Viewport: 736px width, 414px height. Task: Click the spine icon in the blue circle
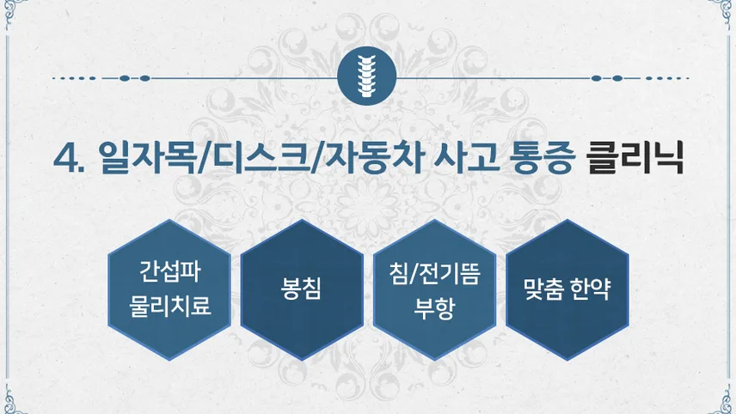coord(366,76)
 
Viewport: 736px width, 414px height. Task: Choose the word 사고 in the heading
coord(466,158)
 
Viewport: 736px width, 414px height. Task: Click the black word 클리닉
coord(635,158)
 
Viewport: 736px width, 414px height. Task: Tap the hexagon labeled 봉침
coord(302,289)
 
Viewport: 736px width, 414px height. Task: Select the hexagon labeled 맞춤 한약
coord(567,289)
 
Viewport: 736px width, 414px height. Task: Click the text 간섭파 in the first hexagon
coord(169,271)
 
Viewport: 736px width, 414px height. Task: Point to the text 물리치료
coord(169,306)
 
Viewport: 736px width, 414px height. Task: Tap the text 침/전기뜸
coord(434,274)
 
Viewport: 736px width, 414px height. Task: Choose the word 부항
coord(434,308)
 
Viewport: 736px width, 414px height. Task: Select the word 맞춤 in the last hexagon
coord(543,289)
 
